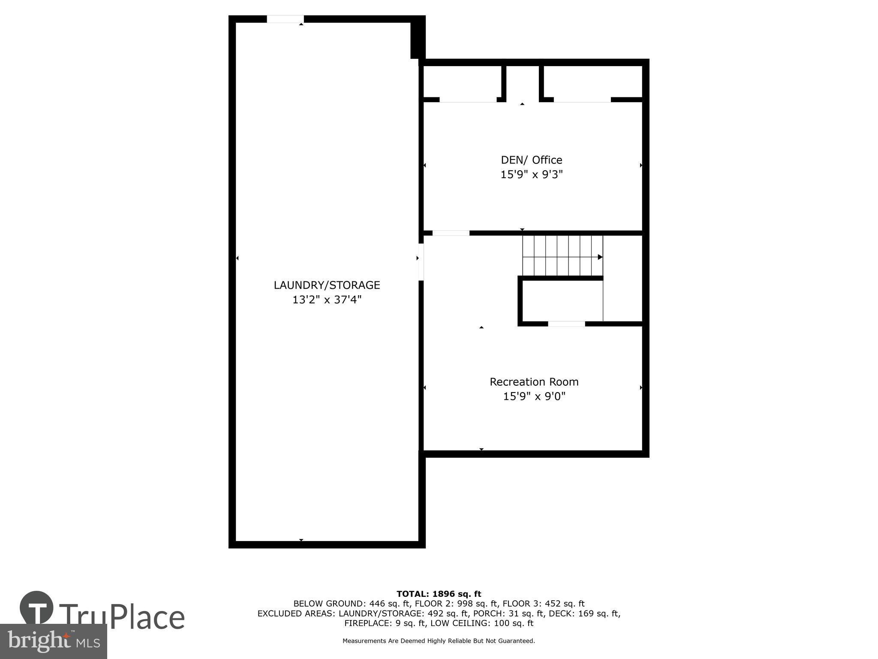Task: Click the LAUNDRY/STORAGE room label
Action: (327, 285)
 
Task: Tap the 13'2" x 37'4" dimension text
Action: (327, 299)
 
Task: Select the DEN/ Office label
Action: (531, 160)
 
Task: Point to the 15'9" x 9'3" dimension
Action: (531, 175)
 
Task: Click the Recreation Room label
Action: (534, 382)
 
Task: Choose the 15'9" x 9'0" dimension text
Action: (534, 396)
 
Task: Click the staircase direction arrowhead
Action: (600, 257)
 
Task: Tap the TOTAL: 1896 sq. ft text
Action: (439, 594)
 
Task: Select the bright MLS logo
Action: (53, 641)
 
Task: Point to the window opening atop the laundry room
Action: (285, 19)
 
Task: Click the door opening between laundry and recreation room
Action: (421, 262)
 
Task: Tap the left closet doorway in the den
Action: (468, 100)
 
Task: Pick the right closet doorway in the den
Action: (582, 100)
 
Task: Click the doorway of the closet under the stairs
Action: (566, 323)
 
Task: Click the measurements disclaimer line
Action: (439, 641)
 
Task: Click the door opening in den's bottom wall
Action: (451, 233)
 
